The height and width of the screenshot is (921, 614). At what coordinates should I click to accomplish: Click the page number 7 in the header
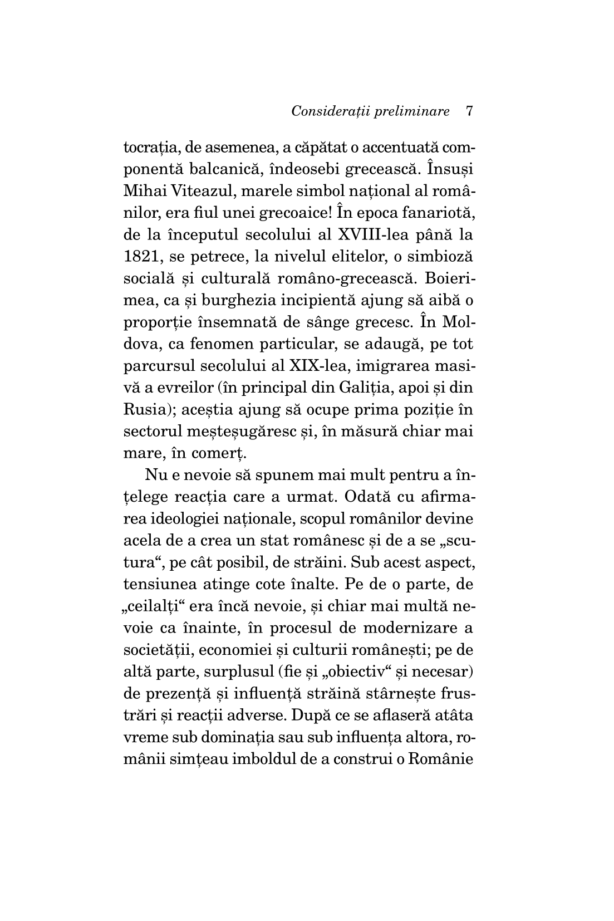tap(468, 111)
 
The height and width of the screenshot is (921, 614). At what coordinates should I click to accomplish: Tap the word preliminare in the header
tap(412, 111)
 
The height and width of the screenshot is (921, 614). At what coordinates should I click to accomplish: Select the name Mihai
tap(140, 192)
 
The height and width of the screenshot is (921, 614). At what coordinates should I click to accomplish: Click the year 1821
tap(139, 257)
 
